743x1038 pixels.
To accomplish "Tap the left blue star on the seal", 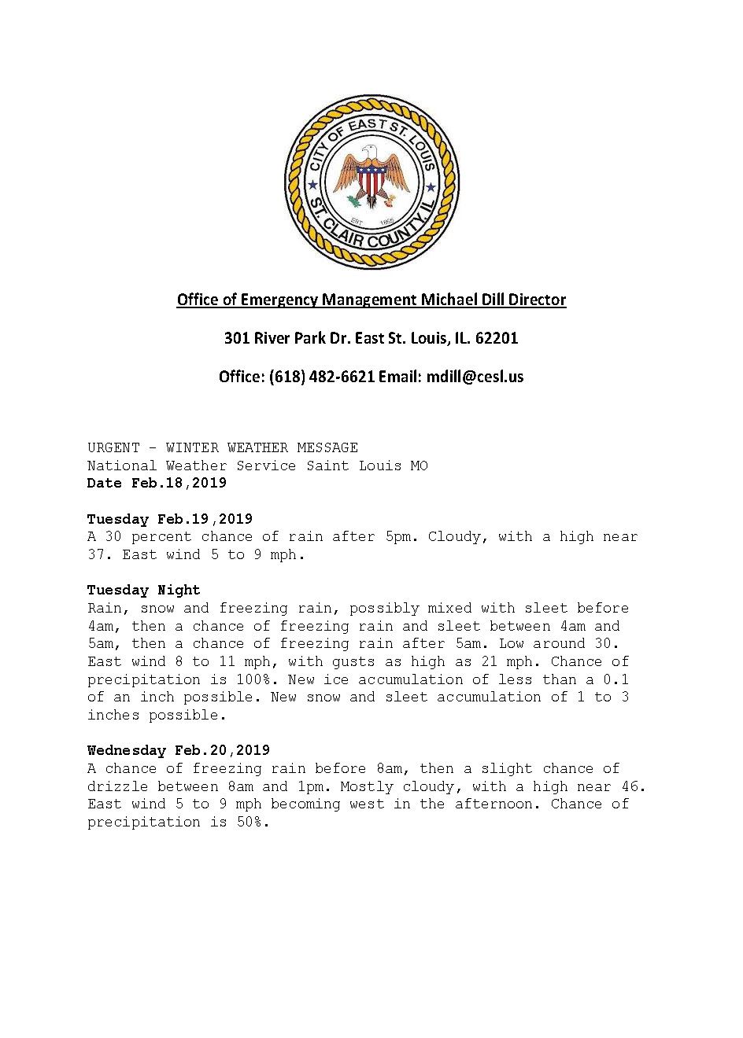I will tap(312, 186).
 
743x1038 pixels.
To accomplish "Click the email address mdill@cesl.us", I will tap(475, 377).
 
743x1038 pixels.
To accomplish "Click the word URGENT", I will tap(113, 448).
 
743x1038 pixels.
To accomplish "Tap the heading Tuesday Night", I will tap(144, 591).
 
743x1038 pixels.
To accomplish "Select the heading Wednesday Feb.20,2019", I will tap(179, 751).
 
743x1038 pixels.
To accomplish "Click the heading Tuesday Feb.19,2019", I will tap(170, 519).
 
